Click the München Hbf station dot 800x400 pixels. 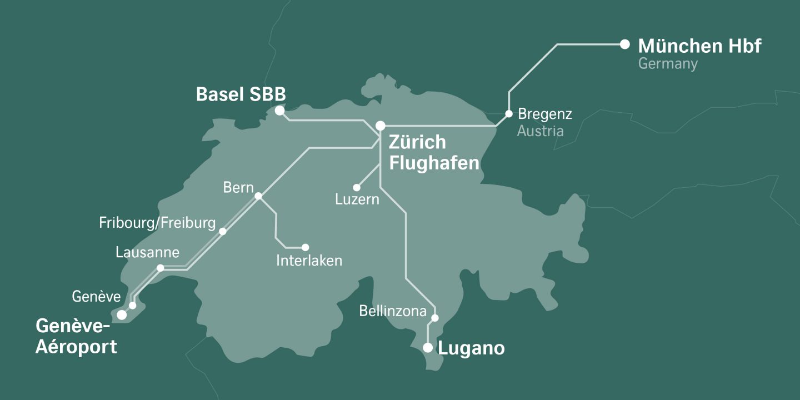point(625,44)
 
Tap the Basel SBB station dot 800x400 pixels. point(280,111)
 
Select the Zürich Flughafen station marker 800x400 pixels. point(381,126)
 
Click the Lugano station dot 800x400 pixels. point(428,348)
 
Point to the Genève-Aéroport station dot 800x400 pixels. point(122,315)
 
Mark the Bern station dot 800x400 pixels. point(258,196)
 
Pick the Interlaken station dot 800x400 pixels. point(305,247)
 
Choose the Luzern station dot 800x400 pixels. point(357,188)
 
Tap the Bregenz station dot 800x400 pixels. point(509,114)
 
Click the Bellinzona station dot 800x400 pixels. point(435,318)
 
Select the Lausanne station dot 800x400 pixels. point(161,268)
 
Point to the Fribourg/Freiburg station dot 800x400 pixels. point(223,231)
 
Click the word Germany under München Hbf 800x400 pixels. point(667,64)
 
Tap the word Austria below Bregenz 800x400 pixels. point(540,131)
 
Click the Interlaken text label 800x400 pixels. point(309,260)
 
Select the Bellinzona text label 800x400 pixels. point(393,311)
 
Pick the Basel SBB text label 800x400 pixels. point(241,94)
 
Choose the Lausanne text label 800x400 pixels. point(147,253)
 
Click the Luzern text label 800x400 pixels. point(357,199)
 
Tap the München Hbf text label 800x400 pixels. point(699,46)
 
